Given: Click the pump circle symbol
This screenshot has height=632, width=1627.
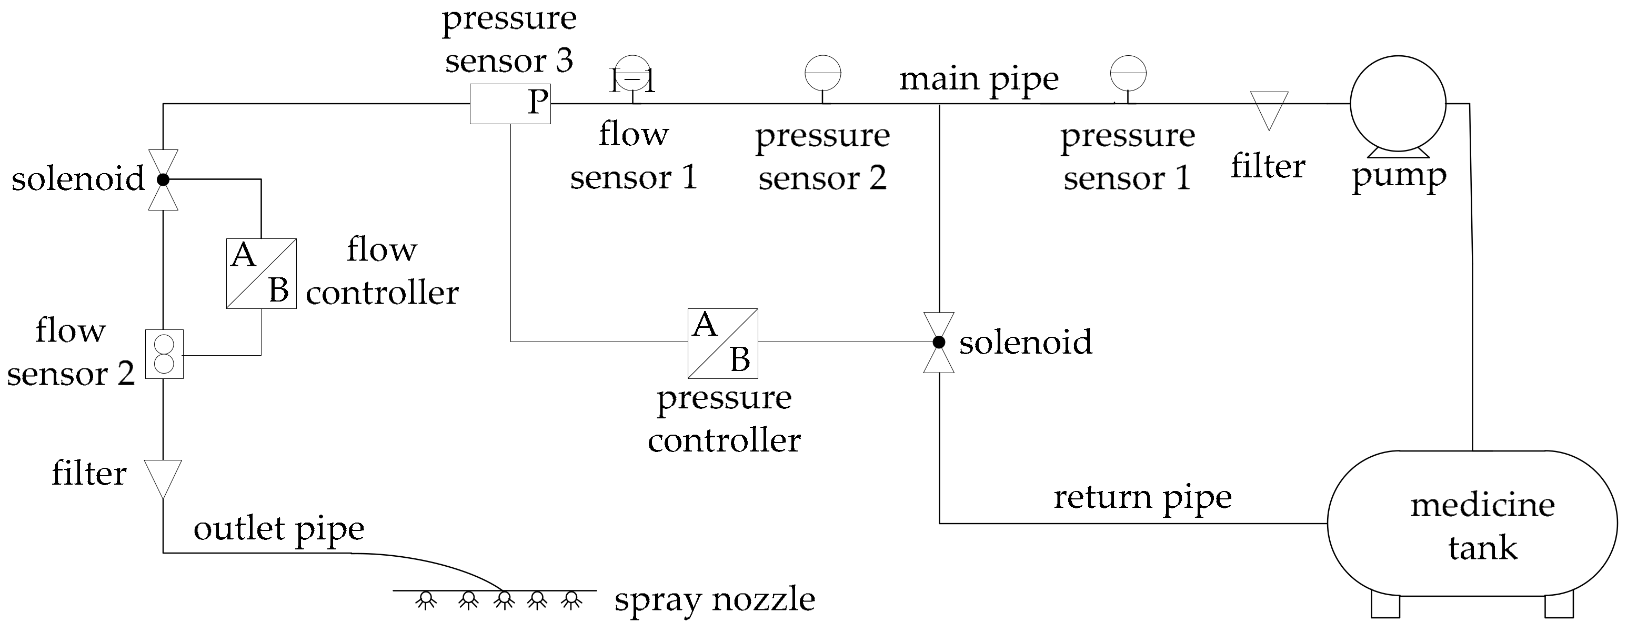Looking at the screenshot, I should tap(1398, 104).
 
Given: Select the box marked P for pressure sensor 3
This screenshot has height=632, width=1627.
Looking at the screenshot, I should tap(510, 104).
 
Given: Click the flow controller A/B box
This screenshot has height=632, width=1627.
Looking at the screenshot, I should tap(261, 274).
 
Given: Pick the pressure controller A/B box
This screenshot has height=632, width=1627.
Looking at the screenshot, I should tap(722, 344).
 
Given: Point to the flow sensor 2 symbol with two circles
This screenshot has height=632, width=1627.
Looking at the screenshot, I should tap(164, 354).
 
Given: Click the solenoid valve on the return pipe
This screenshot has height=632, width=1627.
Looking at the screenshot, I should tap(939, 342).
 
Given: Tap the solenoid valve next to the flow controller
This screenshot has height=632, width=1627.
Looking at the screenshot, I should tap(163, 180).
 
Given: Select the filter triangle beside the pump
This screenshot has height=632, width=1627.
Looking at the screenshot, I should tap(1269, 108).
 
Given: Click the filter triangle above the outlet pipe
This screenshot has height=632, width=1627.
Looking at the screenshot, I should tap(163, 477).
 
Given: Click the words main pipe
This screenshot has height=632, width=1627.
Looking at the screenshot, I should tap(978, 80).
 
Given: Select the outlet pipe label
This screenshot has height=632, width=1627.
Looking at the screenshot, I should tap(278, 529).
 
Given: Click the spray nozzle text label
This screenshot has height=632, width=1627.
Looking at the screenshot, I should tap(715, 600).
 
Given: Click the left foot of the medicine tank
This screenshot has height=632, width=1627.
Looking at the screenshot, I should tap(1385, 606).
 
